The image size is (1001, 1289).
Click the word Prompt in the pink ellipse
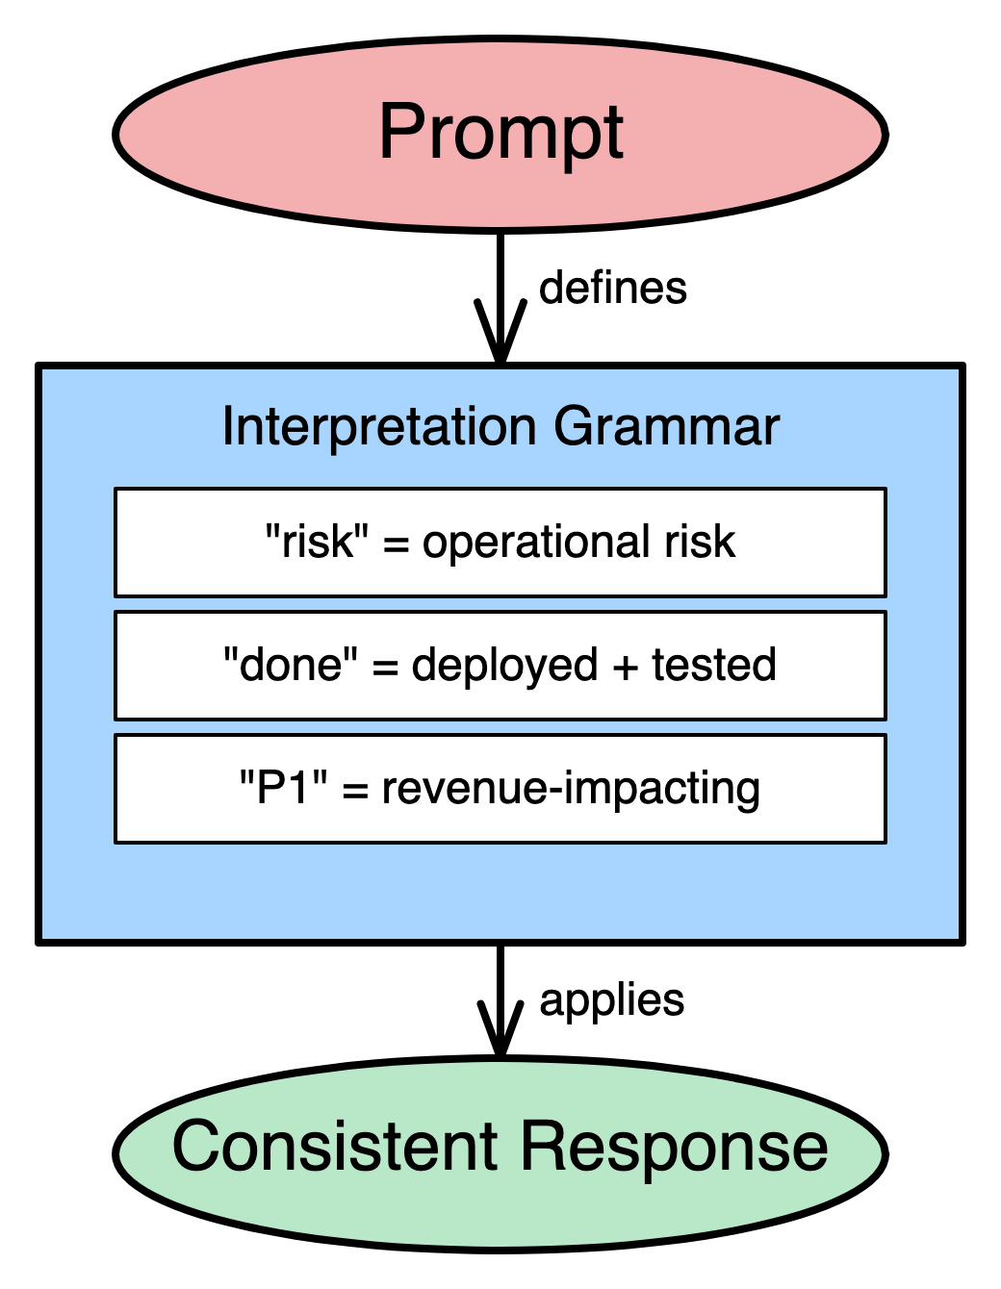tap(500, 133)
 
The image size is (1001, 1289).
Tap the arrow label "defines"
tap(613, 288)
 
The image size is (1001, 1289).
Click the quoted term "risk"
tap(317, 542)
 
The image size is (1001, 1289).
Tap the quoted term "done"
tap(283, 665)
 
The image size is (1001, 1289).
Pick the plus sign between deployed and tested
tap(625, 666)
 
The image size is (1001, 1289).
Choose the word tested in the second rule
tap(714, 665)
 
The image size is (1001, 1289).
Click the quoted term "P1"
tap(284, 788)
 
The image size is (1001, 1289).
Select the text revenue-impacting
tap(571, 788)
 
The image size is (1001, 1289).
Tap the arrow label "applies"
tap(612, 1000)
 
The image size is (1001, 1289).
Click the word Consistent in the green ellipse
tap(335, 1147)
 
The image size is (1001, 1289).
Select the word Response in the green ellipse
tap(674, 1147)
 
